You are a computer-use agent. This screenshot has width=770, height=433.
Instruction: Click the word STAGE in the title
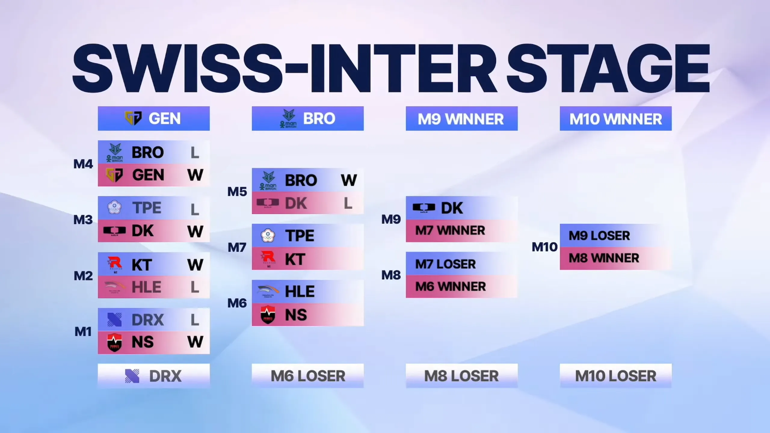click(x=608, y=68)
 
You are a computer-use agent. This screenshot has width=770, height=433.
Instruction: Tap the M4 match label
click(x=83, y=164)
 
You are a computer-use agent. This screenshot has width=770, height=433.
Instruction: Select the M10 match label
click(x=544, y=247)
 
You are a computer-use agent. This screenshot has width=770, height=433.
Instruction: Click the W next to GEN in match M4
click(x=195, y=175)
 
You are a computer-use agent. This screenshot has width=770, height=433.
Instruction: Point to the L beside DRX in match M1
click(x=195, y=320)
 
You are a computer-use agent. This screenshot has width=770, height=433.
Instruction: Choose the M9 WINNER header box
click(x=462, y=118)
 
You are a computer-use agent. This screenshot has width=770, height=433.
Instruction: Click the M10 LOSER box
click(x=616, y=376)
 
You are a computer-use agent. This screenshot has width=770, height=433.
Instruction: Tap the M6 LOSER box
click(x=308, y=376)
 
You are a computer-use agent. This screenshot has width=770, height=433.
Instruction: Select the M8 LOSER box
click(x=462, y=376)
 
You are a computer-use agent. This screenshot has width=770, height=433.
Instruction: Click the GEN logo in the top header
click(x=133, y=118)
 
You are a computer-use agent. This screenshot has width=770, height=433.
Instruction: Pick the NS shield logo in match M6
click(x=268, y=315)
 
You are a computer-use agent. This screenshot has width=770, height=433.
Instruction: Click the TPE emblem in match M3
click(x=115, y=207)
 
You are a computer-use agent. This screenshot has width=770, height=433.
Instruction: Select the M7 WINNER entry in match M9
click(x=450, y=231)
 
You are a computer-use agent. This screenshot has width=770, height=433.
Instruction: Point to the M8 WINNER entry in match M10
click(x=604, y=258)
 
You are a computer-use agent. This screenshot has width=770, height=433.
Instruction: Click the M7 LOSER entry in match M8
click(x=445, y=264)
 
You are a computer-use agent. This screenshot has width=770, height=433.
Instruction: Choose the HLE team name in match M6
click(x=300, y=291)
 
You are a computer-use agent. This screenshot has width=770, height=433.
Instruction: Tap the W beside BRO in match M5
click(x=349, y=180)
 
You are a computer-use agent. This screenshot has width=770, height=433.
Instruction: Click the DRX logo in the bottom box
click(x=132, y=376)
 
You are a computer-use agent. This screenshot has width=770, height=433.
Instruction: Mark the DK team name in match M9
click(x=452, y=208)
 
